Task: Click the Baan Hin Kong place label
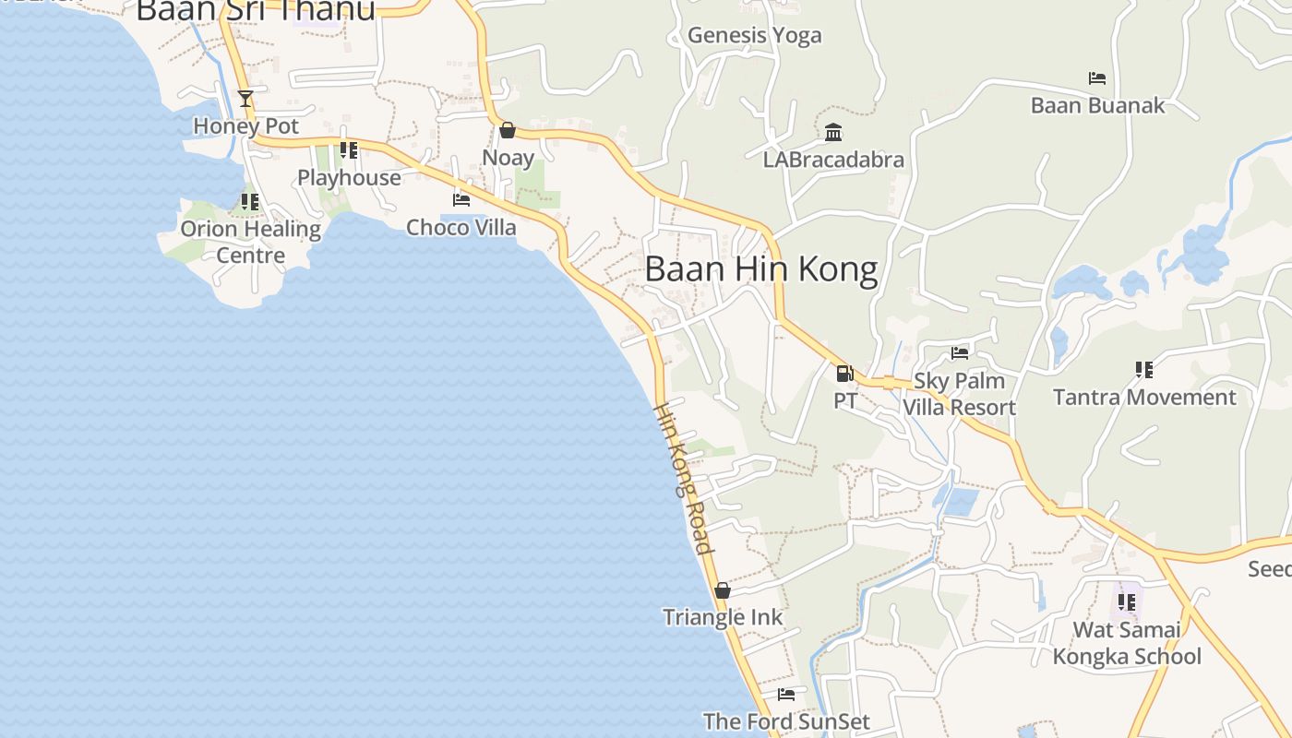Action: pos(760,269)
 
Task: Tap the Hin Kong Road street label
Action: pos(684,479)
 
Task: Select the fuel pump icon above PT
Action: pos(843,374)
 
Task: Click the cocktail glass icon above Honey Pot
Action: pos(245,98)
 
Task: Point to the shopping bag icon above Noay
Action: pos(507,130)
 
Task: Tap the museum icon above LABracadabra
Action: pos(833,132)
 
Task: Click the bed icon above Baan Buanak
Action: pos(1097,78)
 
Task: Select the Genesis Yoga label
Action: pos(754,36)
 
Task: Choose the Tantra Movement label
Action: pos(1144,398)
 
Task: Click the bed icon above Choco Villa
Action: pos(461,199)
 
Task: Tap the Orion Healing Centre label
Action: pos(251,242)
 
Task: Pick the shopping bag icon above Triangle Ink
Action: pos(723,590)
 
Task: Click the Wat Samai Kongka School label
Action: pos(1127,643)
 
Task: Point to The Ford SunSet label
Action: pos(786,721)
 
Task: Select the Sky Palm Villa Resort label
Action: pos(960,394)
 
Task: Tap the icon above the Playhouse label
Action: pos(349,149)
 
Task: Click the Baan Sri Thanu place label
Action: pos(256,10)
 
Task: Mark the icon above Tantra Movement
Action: pos(1144,370)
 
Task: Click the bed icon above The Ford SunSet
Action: pos(786,695)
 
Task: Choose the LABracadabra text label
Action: pos(833,160)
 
